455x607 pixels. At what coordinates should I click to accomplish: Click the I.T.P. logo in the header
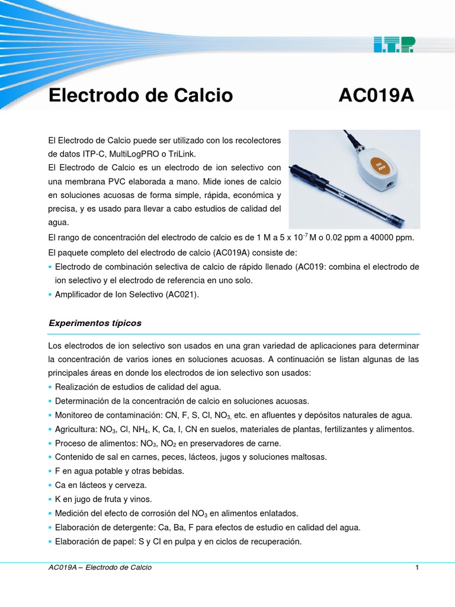coord(394,43)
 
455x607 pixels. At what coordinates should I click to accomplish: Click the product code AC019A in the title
coord(376,95)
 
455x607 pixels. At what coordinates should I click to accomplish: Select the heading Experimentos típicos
coord(95,323)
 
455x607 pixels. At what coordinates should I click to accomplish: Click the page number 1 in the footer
coord(417,567)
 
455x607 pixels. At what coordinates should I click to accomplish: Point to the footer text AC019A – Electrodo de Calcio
coord(100,567)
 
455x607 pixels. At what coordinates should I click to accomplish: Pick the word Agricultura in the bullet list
coord(75,429)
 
